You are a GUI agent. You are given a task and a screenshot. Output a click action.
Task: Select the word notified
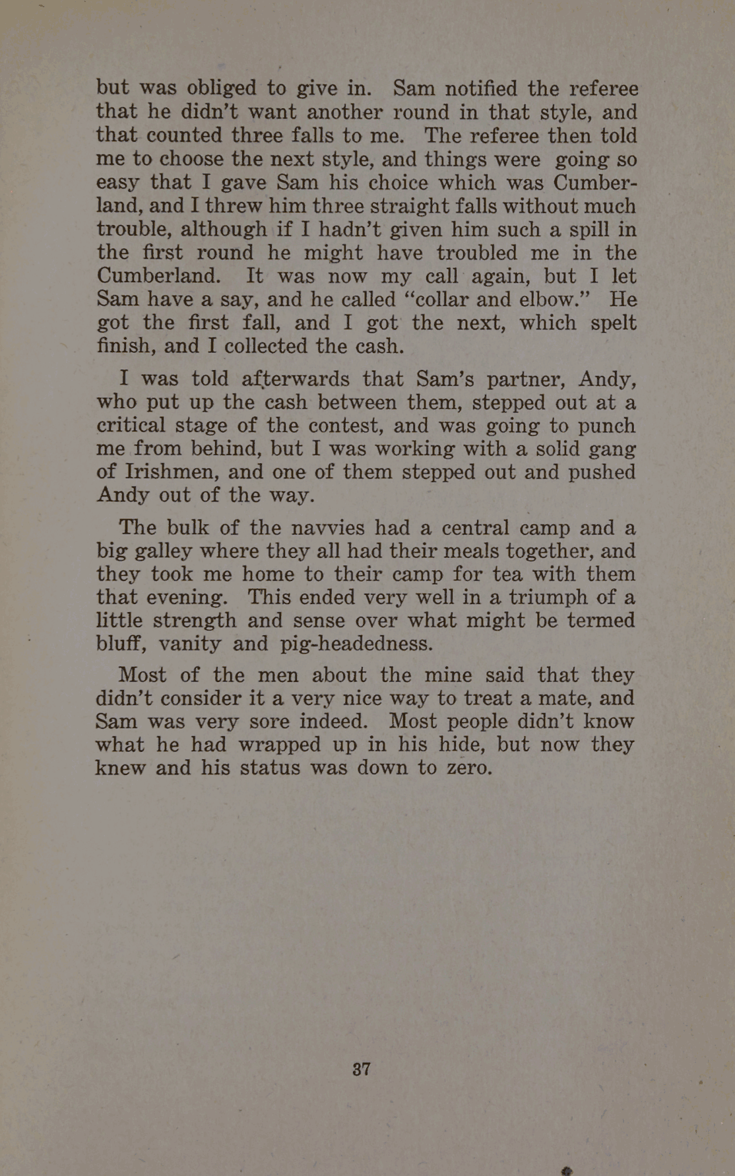click(482, 88)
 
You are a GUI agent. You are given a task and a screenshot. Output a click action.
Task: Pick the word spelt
click(614, 323)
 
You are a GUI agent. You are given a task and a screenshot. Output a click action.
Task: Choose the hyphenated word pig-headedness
click(356, 644)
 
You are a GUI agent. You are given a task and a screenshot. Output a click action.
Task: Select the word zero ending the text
click(468, 768)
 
